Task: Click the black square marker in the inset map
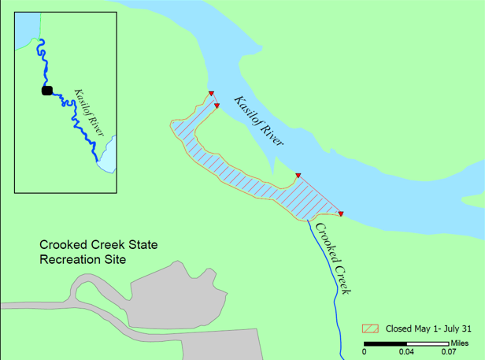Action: click(x=47, y=91)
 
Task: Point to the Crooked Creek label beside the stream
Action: click(x=332, y=258)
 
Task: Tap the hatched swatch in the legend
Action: click(x=370, y=328)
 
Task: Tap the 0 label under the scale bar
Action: click(x=365, y=352)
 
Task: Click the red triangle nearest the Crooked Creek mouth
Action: click(x=340, y=213)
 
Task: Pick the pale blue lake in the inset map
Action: click(x=108, y=154)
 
